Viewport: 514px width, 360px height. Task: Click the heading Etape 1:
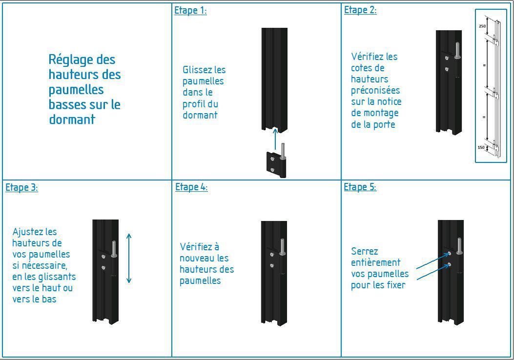(x=190, y=10)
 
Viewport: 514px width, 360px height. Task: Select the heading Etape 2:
(x=360, y=10)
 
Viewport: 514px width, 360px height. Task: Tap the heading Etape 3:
(x=21, y=187)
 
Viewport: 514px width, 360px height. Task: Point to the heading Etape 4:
(x=191, y=187)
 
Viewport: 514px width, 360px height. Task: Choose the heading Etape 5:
(x=360, y=187)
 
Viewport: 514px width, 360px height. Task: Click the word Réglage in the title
(x=82, y=60)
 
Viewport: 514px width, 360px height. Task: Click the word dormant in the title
(x=72, y=120)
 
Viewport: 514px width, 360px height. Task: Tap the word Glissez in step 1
(x=197, y=70)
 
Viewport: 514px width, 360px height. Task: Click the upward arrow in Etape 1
(x=275, y=139)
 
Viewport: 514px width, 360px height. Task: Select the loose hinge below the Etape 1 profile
(x=276, y=164)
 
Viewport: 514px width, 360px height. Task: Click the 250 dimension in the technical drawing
(x=482, y=26)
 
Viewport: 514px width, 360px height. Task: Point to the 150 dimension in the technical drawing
(x=481, y=147)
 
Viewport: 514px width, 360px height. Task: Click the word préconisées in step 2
(x=375, y=90)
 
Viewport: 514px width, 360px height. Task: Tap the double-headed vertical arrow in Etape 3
(x=129, y=258)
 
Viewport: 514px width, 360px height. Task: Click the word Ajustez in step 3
(x=28, y=232)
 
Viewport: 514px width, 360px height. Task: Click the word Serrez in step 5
(x=365, y=252)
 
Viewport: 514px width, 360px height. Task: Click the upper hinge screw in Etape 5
(x=450, y=254)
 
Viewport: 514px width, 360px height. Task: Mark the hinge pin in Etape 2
(x=457, y=50)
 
